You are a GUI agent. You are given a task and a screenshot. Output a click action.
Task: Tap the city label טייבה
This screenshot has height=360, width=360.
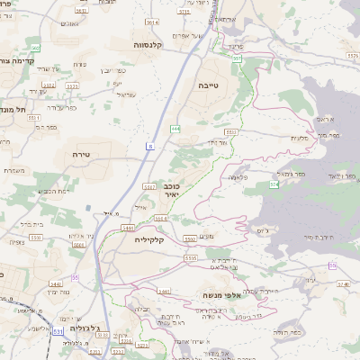pos(209,85)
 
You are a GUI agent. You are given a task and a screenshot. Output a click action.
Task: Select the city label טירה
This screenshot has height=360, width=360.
pos(81,154)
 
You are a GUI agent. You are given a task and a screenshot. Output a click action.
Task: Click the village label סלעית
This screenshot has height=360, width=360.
pos(301,137)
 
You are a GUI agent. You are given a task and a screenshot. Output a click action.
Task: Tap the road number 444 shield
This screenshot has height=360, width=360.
pos(175,129)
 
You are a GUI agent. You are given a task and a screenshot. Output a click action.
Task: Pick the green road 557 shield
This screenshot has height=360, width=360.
pos(236,58)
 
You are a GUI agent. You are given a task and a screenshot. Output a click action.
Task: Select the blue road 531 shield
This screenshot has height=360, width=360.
pos(58,332)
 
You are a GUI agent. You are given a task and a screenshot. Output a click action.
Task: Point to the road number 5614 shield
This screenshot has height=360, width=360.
pos(151,22)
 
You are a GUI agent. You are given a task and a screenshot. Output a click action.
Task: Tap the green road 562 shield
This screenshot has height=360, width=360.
pos(34,47)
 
